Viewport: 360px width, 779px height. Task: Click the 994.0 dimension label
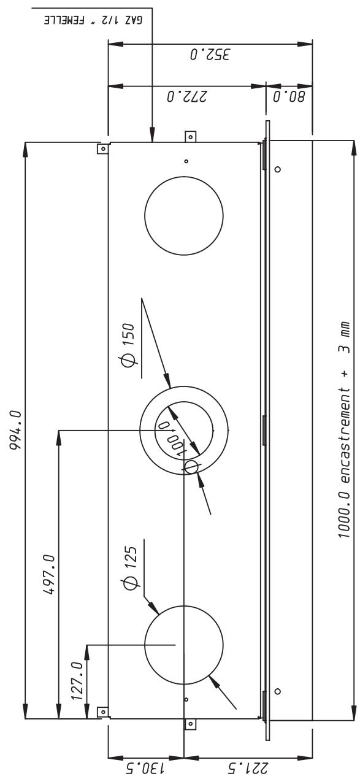pos(16,430)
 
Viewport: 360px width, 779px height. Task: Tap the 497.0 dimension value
pos(48,575)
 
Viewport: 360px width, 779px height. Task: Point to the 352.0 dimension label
pos(210,55)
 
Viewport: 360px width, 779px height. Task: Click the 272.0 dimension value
pos(187,96)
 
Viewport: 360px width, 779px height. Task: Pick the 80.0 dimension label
pos(289,96)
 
